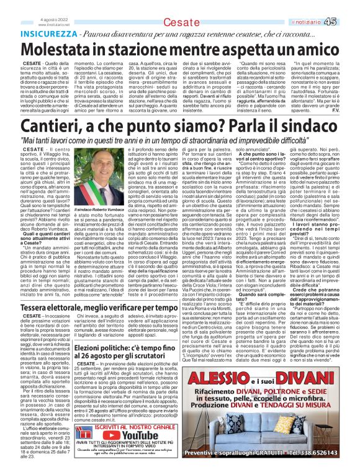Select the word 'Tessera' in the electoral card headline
pos(38,307)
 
